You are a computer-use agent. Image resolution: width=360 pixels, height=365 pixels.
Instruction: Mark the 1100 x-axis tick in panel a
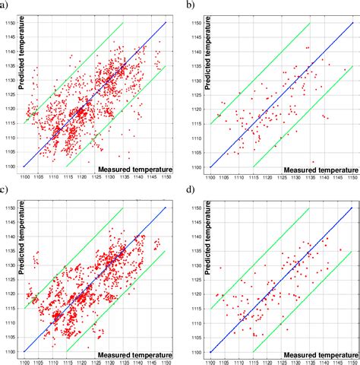pos(25,176)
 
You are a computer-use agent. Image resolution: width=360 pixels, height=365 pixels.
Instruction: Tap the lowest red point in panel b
pos(313,162)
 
